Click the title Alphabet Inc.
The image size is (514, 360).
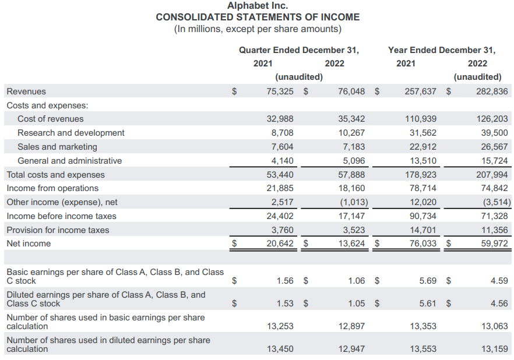258,6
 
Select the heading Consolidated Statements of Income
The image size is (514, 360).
258,17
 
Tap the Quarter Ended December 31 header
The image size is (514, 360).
299,50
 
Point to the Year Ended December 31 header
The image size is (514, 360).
442,50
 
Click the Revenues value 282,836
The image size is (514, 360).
492,91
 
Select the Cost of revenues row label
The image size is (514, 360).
51,119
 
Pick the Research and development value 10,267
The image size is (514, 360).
351,133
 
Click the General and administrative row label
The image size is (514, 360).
70,161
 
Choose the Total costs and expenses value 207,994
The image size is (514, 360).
492,175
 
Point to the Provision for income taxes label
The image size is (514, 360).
58,230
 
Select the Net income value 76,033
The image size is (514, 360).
423,243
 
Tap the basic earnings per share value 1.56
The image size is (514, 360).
285,281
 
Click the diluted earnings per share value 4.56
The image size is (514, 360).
499,303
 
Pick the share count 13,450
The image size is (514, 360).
280,349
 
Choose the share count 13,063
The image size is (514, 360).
494,326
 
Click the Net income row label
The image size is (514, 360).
29,243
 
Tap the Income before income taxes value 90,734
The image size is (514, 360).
423,216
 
